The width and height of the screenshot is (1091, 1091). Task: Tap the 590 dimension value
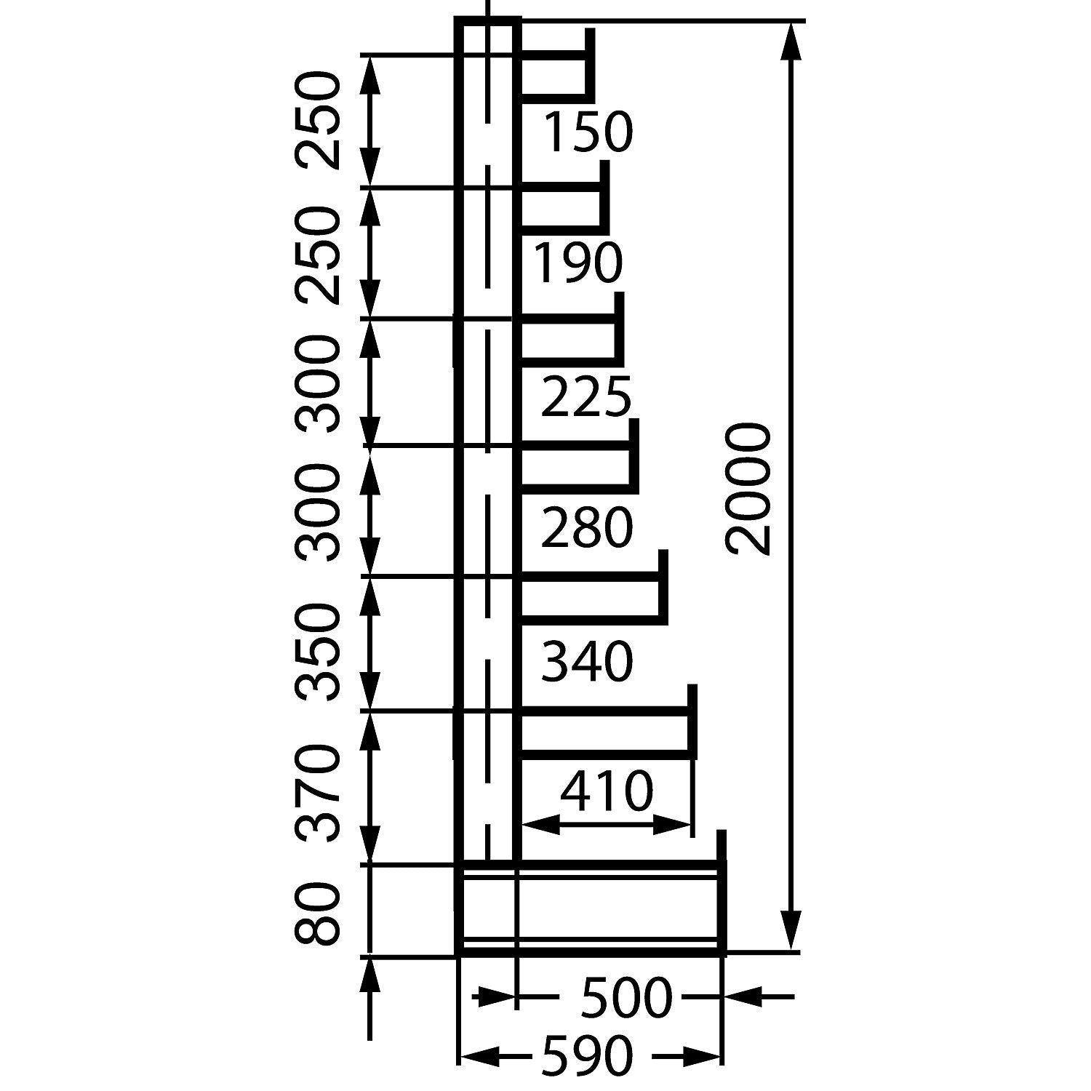click(x=586, y=1055)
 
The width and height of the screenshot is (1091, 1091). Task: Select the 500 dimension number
click(x=626, y=997)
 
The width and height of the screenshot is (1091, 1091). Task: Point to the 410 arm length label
click(x=607, y=793)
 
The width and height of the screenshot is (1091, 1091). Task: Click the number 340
click(x=588, y=662)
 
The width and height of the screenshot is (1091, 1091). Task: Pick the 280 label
click(x=587, y=529)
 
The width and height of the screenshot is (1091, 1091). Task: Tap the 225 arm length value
click(x=586, y=397)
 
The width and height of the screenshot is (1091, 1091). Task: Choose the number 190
click(x=578, y=263)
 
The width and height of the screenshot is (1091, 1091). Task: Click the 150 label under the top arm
click(x=588, y=132)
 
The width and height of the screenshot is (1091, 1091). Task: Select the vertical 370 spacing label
click(x=318, y=792)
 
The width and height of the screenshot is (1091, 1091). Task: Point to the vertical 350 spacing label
click(x=318, y=652)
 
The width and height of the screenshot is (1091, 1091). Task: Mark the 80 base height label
click(x=318, y=914)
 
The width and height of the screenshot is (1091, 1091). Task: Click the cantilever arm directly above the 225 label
click(x=571, y=339)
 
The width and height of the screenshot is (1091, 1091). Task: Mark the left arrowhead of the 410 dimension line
click(x=542, y=824)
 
